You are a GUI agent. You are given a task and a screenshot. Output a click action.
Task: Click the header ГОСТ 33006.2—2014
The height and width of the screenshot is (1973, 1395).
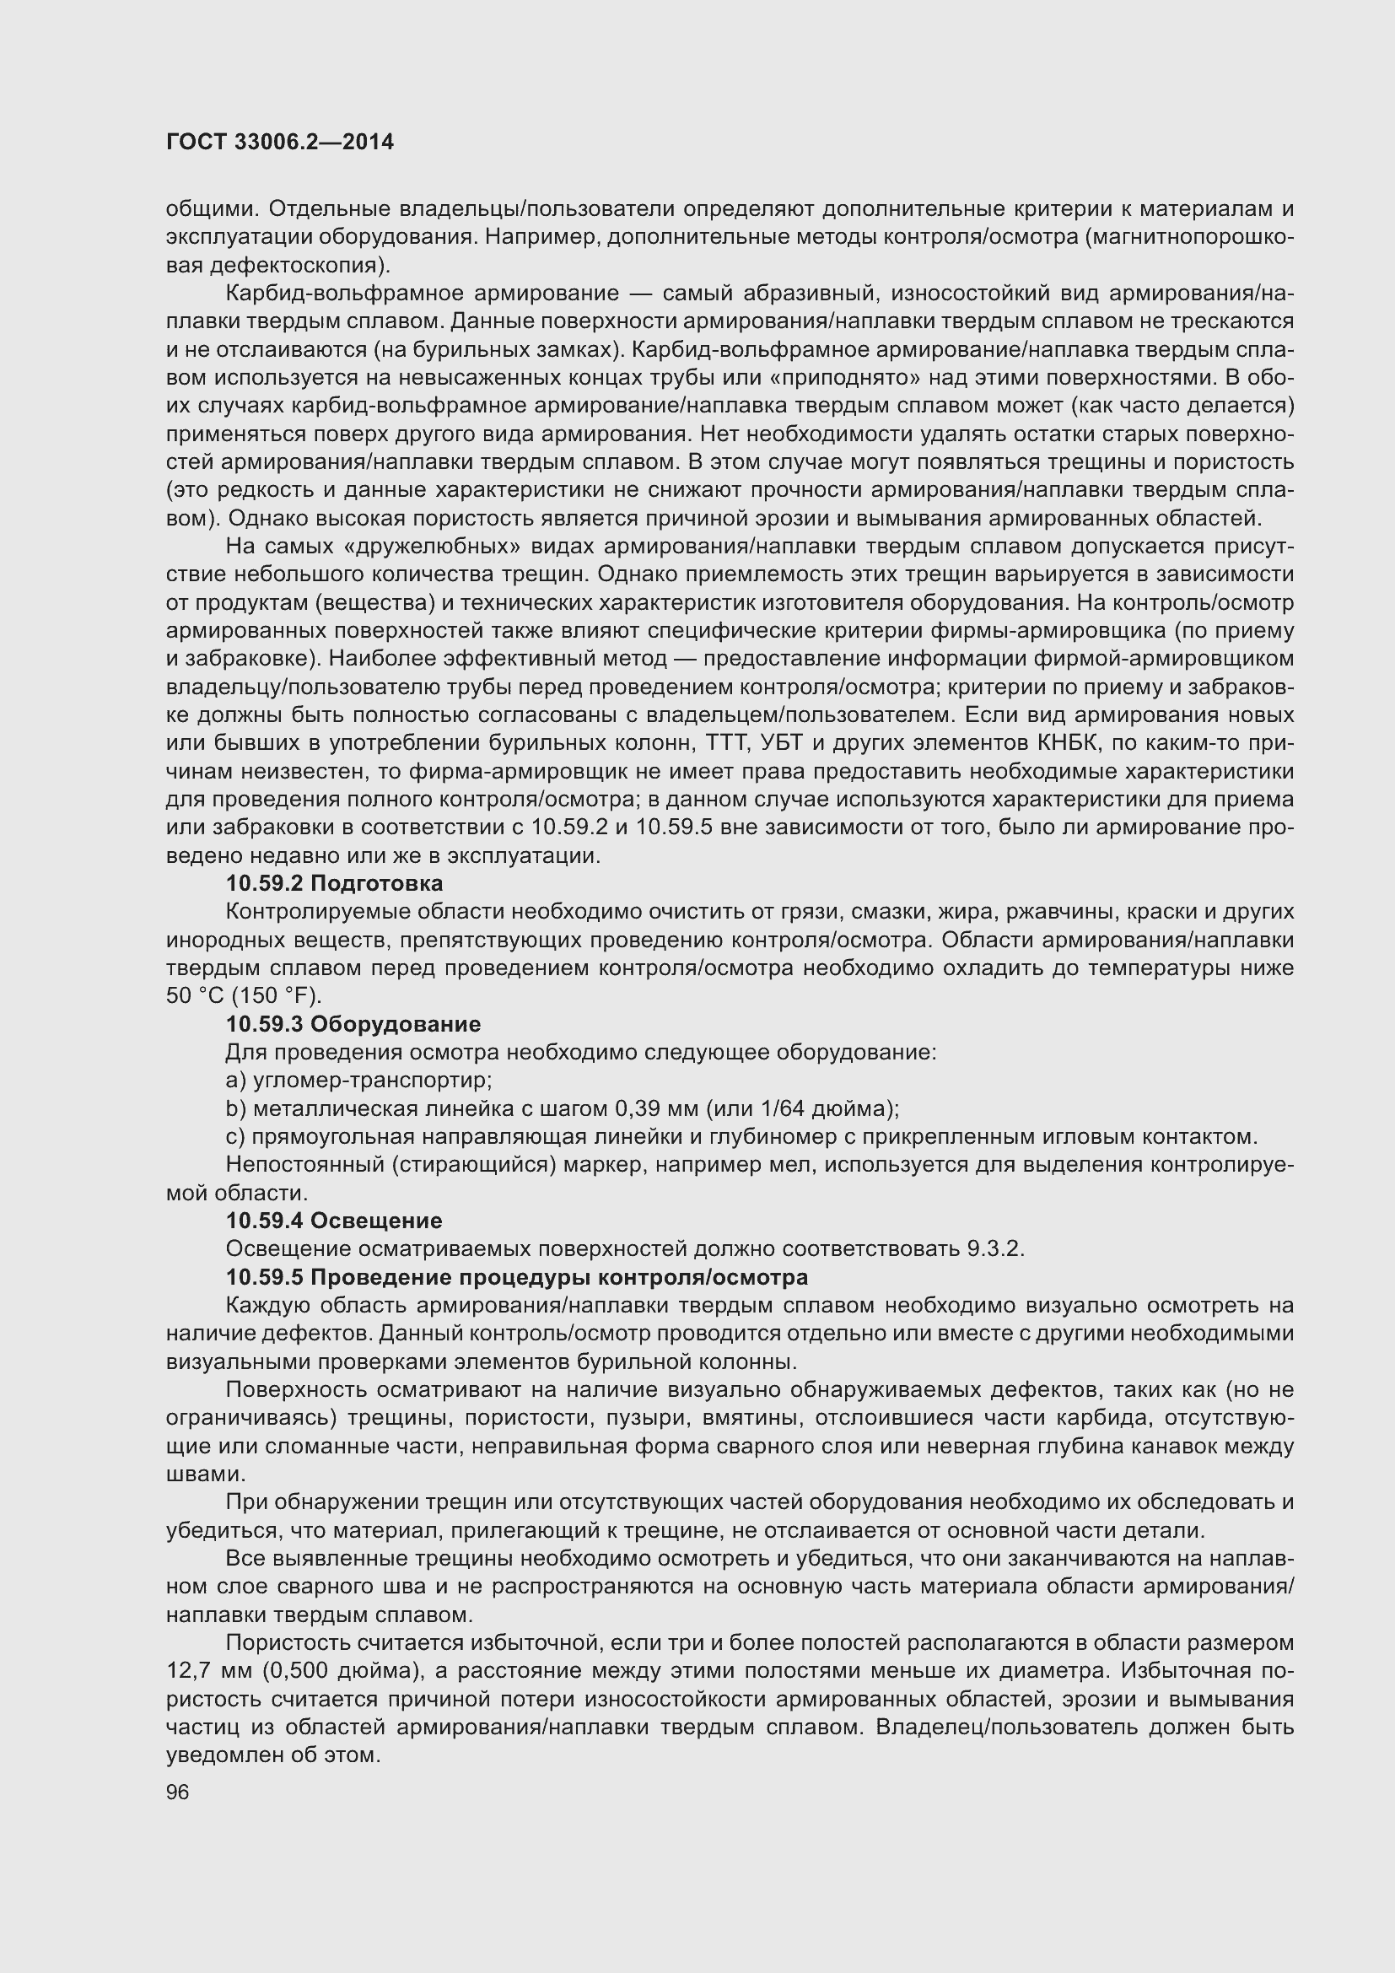point(279,142)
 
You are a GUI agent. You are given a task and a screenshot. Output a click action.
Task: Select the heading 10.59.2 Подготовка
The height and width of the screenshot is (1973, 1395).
point(334,883)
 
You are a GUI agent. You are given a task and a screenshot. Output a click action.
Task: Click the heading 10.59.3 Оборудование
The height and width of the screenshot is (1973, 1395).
point(353,1024)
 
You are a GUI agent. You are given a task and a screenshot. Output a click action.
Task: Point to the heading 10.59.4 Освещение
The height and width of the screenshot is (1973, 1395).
point(334,1221)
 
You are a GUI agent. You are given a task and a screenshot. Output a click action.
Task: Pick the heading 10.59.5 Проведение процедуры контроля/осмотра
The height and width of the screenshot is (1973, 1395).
point(516,1277)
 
